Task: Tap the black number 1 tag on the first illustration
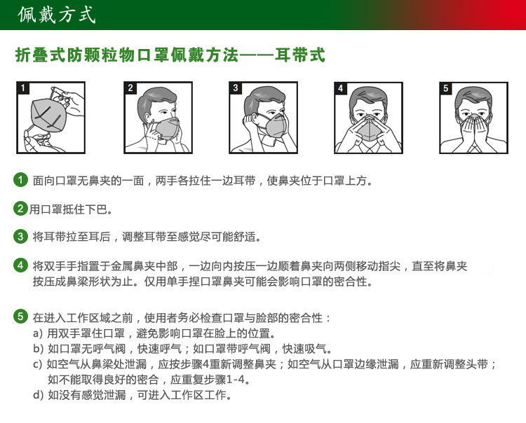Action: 24,88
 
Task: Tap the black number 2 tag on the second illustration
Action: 130,88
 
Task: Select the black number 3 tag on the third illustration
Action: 236,88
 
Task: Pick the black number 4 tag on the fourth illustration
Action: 341,88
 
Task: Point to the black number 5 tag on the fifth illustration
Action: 446,88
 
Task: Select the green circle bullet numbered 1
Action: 21,181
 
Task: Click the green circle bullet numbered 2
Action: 21,209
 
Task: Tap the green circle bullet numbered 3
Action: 21,237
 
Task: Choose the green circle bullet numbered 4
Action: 21,266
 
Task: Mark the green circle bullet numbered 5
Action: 21,317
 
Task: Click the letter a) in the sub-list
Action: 38,333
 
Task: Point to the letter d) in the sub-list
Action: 38,395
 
